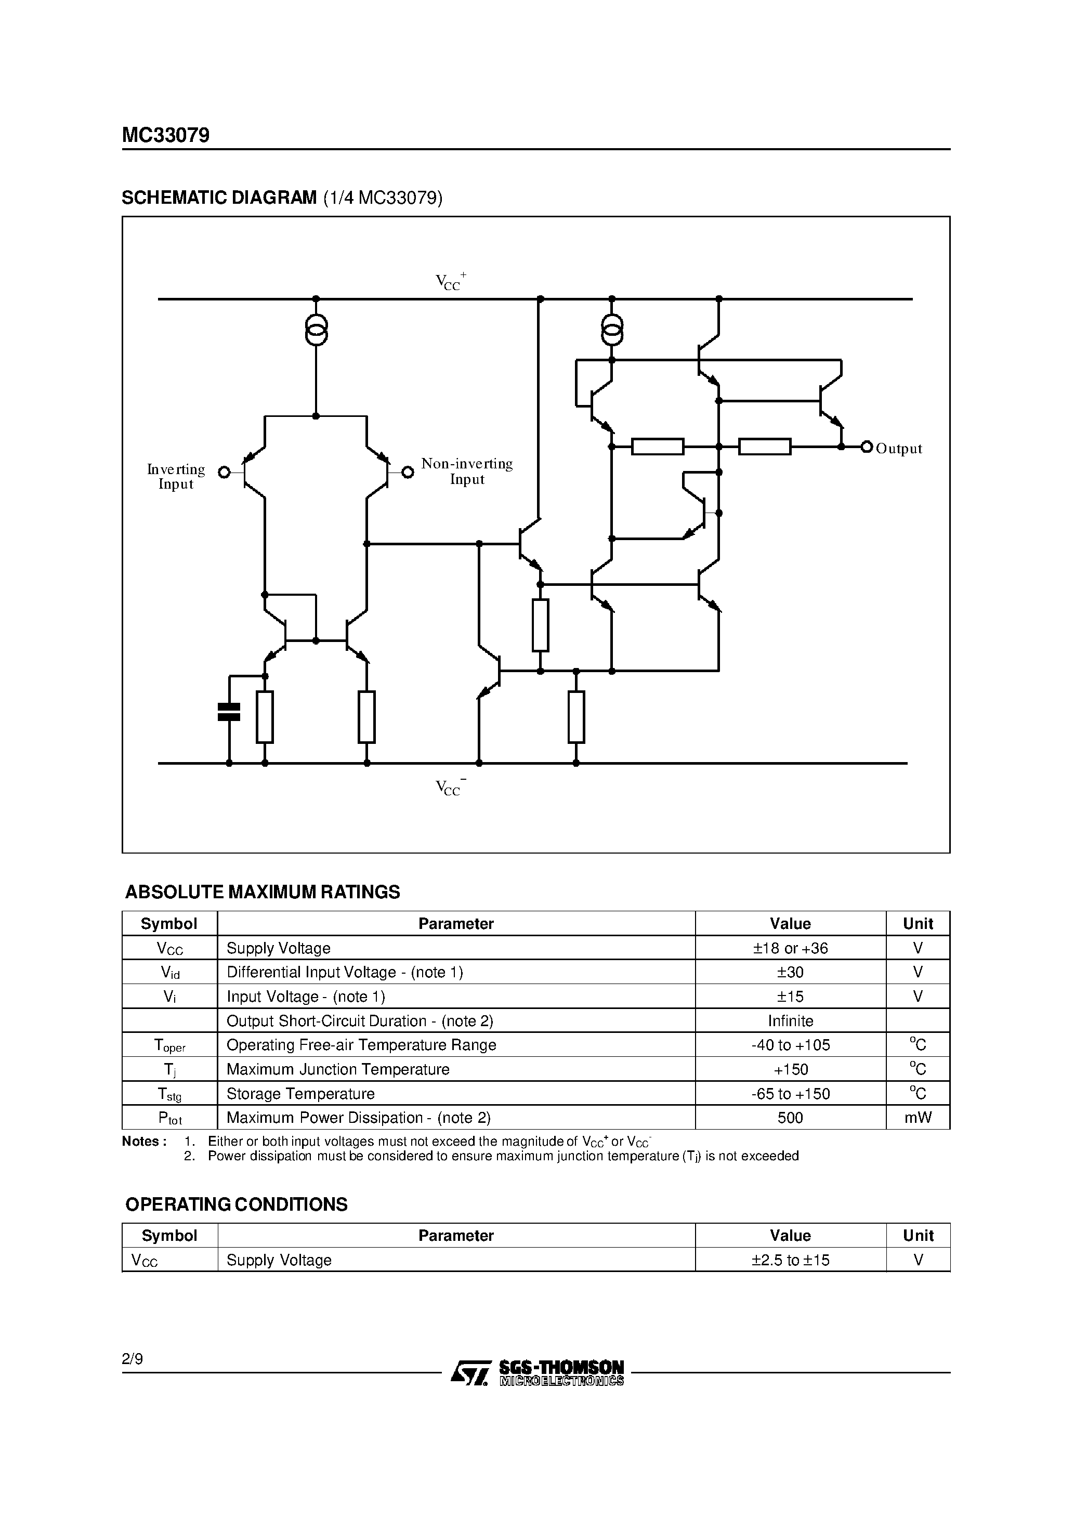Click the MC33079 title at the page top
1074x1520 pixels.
tap(165, 135)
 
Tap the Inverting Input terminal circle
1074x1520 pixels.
tap(225, 472)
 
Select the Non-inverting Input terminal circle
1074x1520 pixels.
tap(408, 472)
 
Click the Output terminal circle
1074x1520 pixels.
tap(867, 447)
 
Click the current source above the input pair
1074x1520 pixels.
tap(316, 330)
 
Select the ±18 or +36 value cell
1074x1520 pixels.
tap(790, 948)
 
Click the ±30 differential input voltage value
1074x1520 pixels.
tap(790, 972)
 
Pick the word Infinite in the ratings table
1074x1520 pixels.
tap(790, 1021)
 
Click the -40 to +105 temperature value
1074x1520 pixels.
tap(790, 1045)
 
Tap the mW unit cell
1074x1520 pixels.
tap(918, 1118)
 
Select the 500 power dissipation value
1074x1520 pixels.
tap(790, 1118)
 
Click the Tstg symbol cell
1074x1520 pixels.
tap(169, 1094)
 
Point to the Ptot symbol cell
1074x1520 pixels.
tap(169, 1118)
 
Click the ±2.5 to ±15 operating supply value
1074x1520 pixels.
tap(790, 1260)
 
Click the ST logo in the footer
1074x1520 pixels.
tap(470, 1372)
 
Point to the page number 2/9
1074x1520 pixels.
tap(133, 1359)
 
